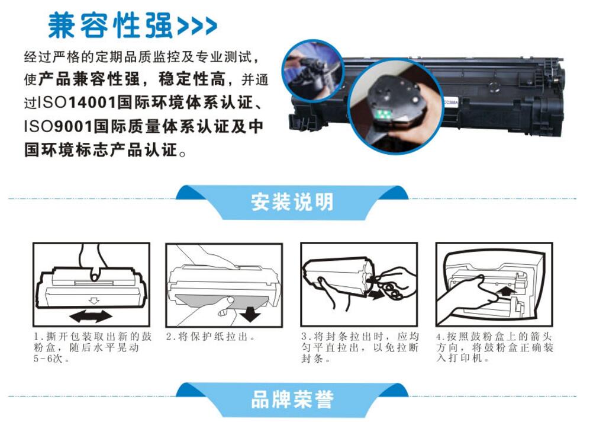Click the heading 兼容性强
pyautogui.click(x=110, y=25)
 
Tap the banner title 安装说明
pyautogui.click(x=292, y=202)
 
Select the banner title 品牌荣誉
pyautogui.click(x=292, y=399)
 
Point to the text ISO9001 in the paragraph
pyautogui.click(x=59, y=127)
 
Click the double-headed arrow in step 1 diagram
pyautogui.click(x=91, y=316)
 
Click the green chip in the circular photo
pyautogui.click(x=383, y=114)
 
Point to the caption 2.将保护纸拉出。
pyautogui.click(x=211, y=337)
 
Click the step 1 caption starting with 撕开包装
pyautogui.click(x=92, y=347)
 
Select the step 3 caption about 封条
pyautogui.click(x=360, y=347)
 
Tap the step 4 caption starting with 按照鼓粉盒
pyautogui.click(x=495, y=347)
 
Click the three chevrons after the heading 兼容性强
pyautogui.click(x=196, y=26)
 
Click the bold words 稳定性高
pyautogui.click(x=192, y=79)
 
